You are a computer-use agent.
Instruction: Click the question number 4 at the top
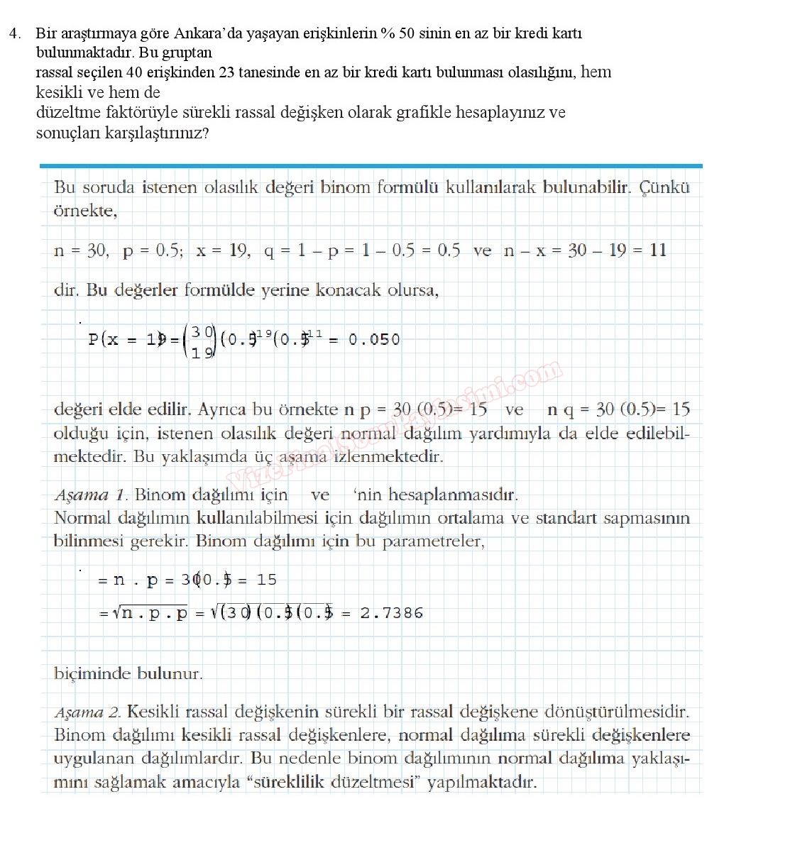[15, 33]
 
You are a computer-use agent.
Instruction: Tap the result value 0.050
[374, 340]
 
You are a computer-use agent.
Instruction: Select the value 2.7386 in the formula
[391, 613]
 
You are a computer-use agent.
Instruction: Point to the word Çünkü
[664, 187]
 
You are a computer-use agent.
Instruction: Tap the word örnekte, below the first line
[85, 211]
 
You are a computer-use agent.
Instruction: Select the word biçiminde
[94, 673]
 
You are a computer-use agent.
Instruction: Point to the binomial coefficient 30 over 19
[201, 341]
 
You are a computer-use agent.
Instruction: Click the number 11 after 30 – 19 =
[658, 250]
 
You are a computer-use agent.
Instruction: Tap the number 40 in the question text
[135, 72]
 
